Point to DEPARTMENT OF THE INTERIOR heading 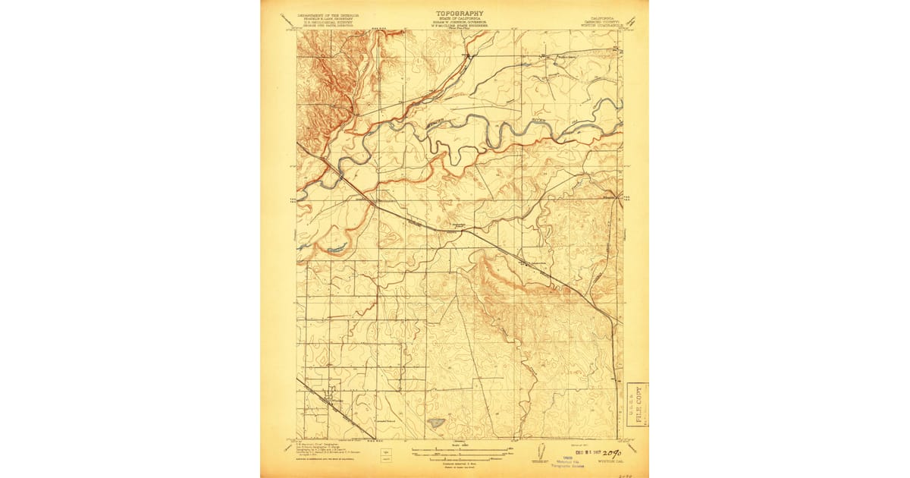click(328, 14)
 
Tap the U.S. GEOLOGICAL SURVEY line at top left click(328, 22)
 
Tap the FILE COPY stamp click(637, 404)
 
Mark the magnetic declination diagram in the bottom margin click(540, 452)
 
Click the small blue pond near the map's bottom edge click(435, 421)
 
